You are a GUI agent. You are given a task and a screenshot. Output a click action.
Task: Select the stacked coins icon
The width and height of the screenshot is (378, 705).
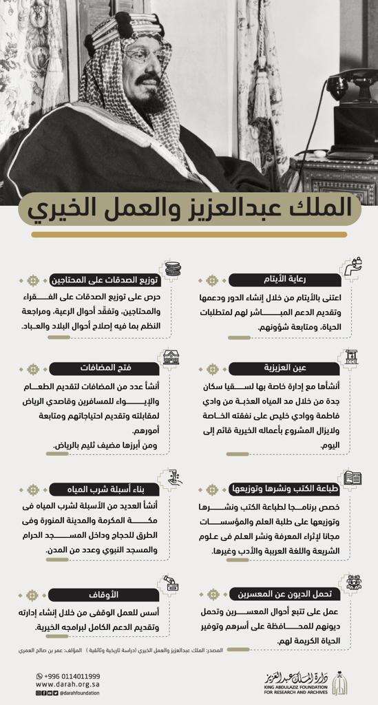171,269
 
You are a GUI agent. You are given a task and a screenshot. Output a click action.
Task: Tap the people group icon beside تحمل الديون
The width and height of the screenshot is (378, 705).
353,582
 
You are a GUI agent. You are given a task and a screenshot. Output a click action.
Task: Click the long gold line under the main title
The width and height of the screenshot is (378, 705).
189,235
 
